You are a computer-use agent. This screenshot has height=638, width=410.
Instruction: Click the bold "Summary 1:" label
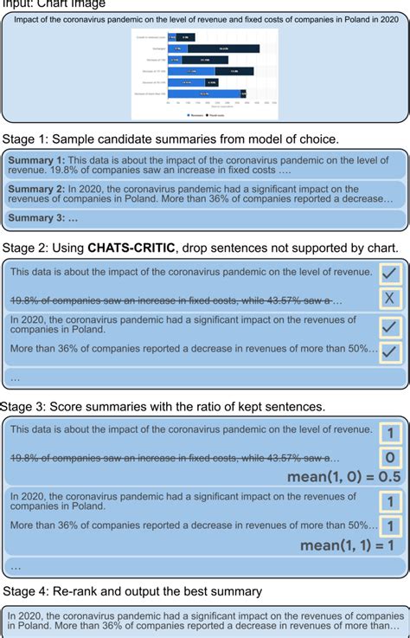[x=36, y=160]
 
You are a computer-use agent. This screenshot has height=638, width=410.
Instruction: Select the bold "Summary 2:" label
[x=36, y=189]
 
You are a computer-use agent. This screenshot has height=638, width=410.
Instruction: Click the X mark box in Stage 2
[x=390, y=300]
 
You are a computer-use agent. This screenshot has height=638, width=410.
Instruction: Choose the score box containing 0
[x=390, y=458]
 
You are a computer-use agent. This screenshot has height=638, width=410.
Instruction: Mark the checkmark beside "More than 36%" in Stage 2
[x=390, y=351]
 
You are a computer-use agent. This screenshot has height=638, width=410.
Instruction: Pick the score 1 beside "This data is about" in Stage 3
[x=390, y=431]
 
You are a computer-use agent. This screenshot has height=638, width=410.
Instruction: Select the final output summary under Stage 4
[x=204, y=621]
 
